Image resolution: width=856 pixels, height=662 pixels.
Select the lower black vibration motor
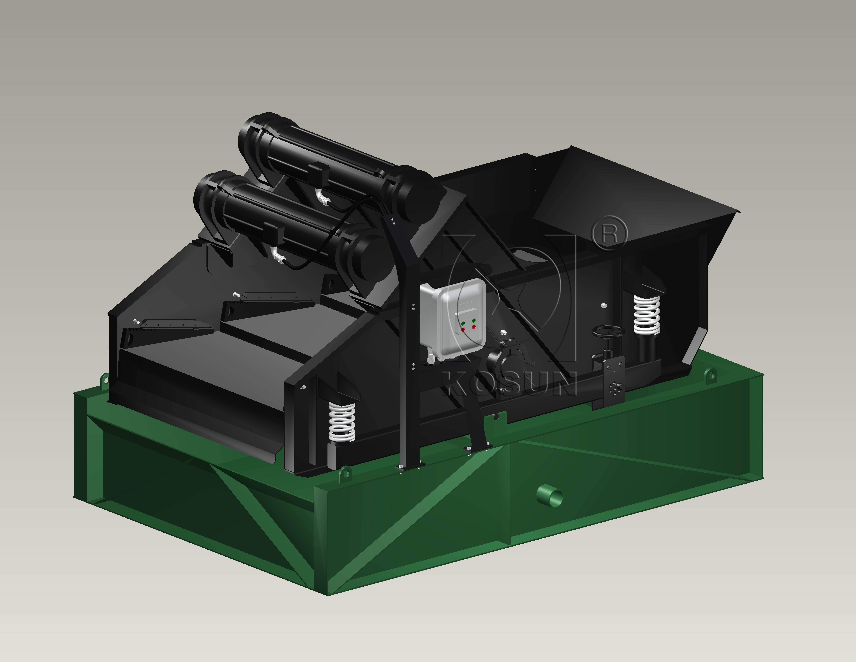(x=290, y=224)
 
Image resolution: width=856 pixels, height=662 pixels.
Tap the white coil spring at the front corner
(x=342, y=422)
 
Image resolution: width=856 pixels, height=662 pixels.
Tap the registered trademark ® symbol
(x=609, y=233)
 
